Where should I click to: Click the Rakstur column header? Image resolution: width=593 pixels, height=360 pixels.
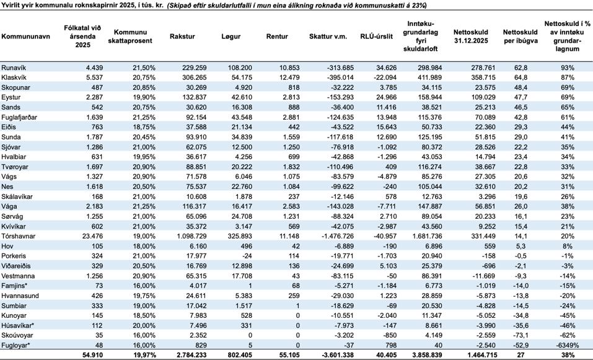click(x=182, y=37)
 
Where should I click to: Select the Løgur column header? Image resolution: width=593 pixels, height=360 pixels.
click(x=231, y=37)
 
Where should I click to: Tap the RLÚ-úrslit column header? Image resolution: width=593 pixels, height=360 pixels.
click(x=376, y=37)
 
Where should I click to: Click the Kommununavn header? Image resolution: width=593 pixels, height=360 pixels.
click(x=26, y=37)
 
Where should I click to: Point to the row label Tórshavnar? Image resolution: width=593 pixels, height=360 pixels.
click(x=18, y=236)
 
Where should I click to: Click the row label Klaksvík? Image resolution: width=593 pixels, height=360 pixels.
click(x=15, y=77)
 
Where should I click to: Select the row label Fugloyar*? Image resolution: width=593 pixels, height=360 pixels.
click(x=15, y=345)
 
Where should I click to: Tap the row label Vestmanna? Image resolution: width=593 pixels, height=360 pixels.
click(x=18, y=276)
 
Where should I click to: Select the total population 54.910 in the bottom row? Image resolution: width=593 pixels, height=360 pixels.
click(x=92, y=355)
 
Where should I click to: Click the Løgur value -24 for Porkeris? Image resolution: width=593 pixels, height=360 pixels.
click(x=247, y=256)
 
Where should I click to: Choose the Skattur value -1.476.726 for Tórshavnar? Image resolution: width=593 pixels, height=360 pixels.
click(x=337, y=236)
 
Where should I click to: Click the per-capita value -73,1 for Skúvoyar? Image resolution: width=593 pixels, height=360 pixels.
click(x=520, y=335)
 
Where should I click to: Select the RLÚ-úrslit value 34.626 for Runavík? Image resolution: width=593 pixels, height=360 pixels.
click(x=386, y=68)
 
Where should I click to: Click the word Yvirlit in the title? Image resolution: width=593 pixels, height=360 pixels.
click(x=10, y=6)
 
